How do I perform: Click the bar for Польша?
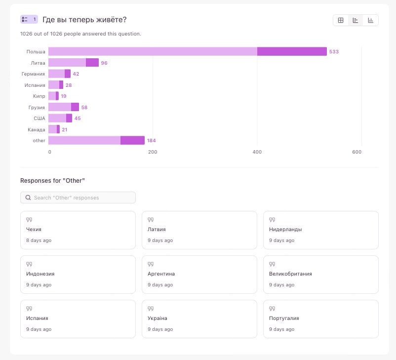point(188,51)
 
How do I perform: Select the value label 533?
point(334,52)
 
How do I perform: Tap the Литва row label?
point(38,63)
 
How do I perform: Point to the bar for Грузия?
point(63,107)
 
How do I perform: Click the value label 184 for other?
point(151,141)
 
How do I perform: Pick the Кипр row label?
point(40,96)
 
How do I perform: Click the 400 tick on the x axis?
point(257,152)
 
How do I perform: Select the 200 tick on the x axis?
point(153,152)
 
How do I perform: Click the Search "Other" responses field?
point(78,198)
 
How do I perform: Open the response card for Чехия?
point(78,230)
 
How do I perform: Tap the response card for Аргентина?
point(199,275)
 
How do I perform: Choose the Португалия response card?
point(321,319)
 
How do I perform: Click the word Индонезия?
point(40,274)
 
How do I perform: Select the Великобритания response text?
point(290,274)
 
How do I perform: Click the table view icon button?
point(341,20)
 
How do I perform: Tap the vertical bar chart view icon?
point(370,20)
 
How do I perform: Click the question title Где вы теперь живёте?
point(84,20)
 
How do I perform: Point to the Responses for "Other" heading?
point(52,181)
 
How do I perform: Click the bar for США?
point(60,118)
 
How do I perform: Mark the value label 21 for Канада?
point(64,129)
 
